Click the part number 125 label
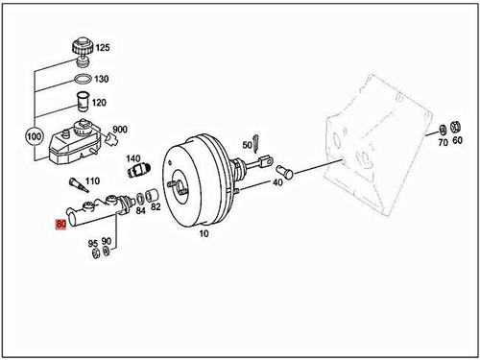click(x=103, y=47)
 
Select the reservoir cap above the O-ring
click(x=81, y=47)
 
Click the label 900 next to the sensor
click(x=120, y=130)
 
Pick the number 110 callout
click(x=92, y=180)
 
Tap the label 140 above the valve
click(x=133, y=158)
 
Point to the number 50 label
click(x=247, y=145)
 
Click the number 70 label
click(x=443, y=140)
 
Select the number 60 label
click(x=457, y=140)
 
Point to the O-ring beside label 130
click(x=83, y=78)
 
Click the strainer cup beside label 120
click(x=83, y=101)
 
